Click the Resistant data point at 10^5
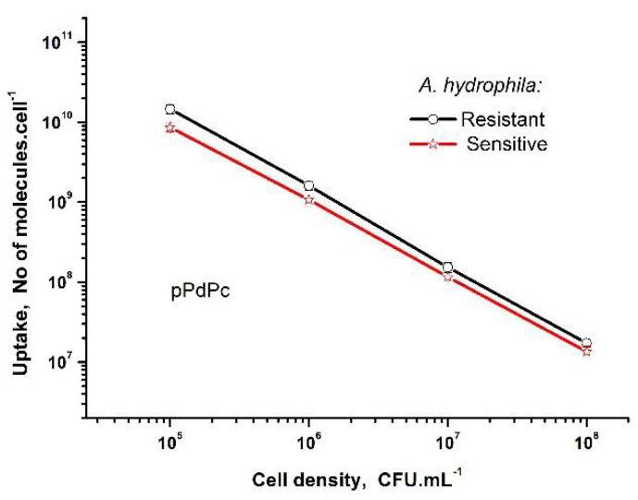(x=169, y=109)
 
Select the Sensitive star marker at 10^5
(x=169, y=127)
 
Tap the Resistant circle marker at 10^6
(x=309, y=186)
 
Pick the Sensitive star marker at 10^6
(x=309, y=199)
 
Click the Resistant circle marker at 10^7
(x=447, y=268)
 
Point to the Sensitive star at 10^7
(x=447, y=276)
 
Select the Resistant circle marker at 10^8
(x=586, y=343)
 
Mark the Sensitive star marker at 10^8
(x=586, y=351)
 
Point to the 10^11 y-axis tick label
(x=58, y=42)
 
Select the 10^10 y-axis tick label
(x=58, y=122)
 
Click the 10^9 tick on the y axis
(x=60, y=202)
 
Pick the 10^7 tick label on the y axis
(x=60, y=361)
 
